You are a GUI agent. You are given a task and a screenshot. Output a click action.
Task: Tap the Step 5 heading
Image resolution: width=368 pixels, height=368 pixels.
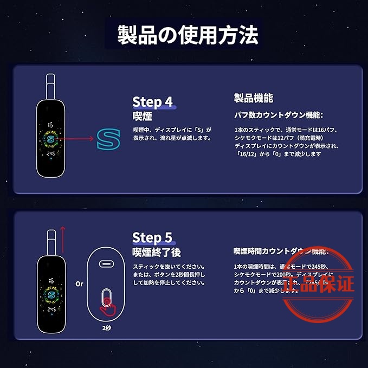pyautogui.click(x=152, y=237)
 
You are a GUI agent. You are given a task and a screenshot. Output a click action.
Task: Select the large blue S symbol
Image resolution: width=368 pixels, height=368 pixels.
pyautogui.click(x=108, y=140)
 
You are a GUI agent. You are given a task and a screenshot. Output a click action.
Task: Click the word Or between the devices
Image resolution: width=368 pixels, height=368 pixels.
pyautogui.click(x=79, y=283)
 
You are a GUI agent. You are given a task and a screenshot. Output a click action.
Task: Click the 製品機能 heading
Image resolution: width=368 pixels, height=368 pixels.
pyautogui.click(x=253, y=98)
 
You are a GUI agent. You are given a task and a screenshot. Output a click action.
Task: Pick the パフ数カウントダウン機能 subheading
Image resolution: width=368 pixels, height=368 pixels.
pyautogui.click(x=278, y=115)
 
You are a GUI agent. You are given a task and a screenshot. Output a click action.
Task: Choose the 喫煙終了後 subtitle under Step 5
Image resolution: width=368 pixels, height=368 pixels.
pyautogui.click(x=157, y=252)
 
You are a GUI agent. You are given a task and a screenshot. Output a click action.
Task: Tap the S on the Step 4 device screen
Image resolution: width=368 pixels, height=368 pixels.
pyautogui.click(x=51, y=139)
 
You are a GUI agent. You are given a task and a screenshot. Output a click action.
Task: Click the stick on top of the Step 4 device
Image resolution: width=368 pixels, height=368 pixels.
pyautogui.click(x=50, y=87)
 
